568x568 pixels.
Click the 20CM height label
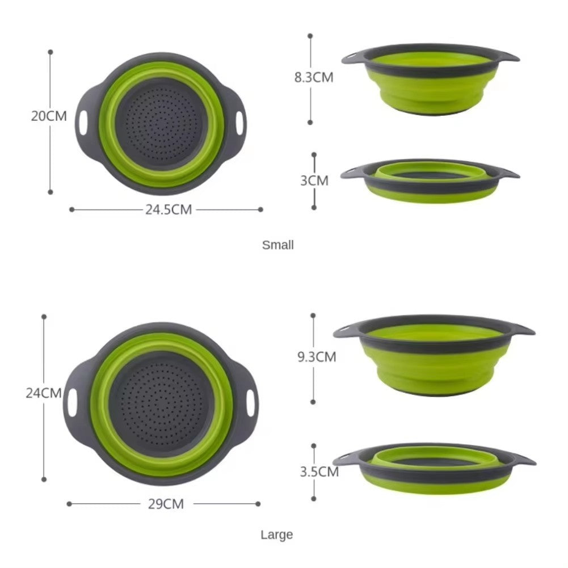49,116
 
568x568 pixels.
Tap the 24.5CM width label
168,209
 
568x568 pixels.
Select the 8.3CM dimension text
313,78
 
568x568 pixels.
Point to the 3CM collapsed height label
314,180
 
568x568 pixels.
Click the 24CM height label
43,393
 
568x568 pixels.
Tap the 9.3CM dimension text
317,357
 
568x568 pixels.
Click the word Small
277,245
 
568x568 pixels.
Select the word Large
277,535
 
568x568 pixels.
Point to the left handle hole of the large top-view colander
72,402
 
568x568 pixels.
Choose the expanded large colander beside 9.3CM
434,356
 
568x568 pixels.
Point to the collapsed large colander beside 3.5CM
434,469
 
